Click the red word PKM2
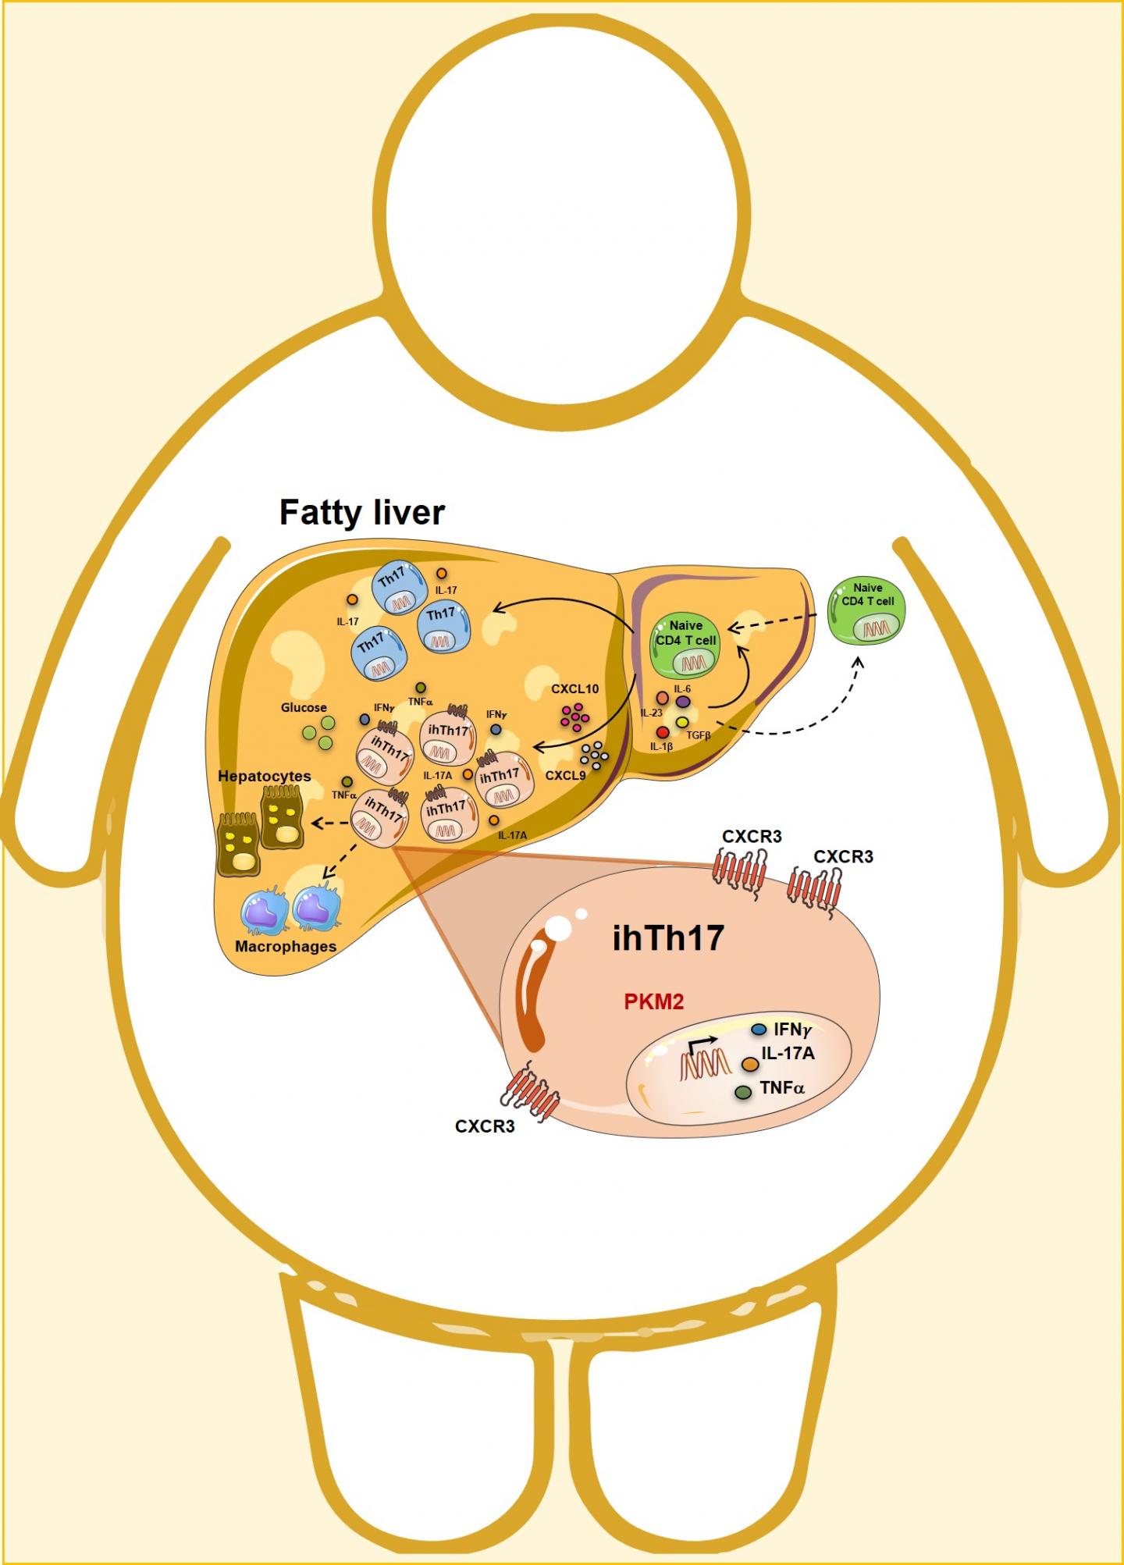[x=654, y=1001]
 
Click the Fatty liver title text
[x=362, y=513]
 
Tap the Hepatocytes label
[x=264, y=777]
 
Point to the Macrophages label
[x=286, y=946]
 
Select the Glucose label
[x=304, y=708]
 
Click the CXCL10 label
[x=574, y=689]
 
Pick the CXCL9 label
[x=565, y=776]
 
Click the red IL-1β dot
[x=663, y=732]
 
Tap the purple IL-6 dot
[x=682, y=702]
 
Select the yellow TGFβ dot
[x=681, y=722]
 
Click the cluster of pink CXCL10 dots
[x=576, y=715]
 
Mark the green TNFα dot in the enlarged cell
[x=744, y=1093]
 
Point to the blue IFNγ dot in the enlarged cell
[x=757, y=1030]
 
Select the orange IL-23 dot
[x=663, y=698]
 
